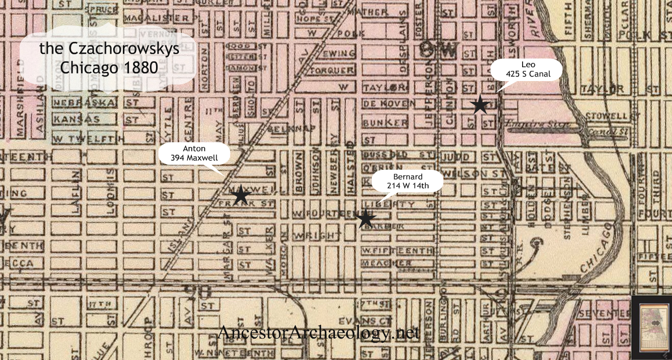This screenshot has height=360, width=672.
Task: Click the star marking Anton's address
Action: pos(241,195)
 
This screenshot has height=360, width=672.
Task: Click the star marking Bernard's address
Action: pos(365,218)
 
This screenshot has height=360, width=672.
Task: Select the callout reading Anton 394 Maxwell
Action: pos(195,153)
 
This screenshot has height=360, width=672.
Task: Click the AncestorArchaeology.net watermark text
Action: pos(319,332)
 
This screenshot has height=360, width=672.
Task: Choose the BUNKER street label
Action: pos(385,122)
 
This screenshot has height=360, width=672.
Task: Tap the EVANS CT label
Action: pos(377,321)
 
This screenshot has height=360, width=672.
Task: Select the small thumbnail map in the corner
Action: pos(651,327)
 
